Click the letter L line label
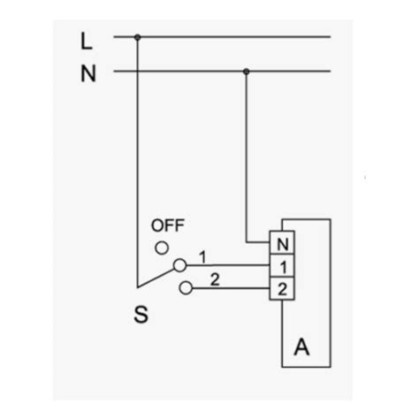point(87,42)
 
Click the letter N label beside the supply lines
point(88,73)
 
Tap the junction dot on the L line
point(137,37)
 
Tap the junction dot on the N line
point(247,72)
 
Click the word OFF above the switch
point(168,225)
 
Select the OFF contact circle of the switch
point(162,248)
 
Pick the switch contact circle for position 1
point(179,265)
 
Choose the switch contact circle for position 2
point(186,288)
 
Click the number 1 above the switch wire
point(202,257)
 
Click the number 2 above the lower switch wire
point(215,279)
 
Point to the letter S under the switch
point(141,315)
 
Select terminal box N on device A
point(282,242)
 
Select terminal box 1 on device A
point(282,265)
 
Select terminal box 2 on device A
point(282,288)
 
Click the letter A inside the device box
point(301,347)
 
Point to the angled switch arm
point(156,278)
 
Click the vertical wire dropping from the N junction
point(247,157)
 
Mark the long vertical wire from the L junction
point(137,163)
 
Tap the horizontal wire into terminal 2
point(231,288)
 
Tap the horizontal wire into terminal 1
point(228,265)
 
